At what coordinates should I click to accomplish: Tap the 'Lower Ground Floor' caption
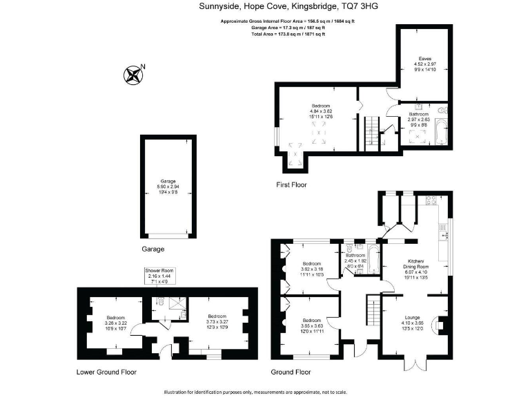coord(106,372)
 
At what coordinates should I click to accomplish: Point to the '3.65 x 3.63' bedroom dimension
coord(312,325)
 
